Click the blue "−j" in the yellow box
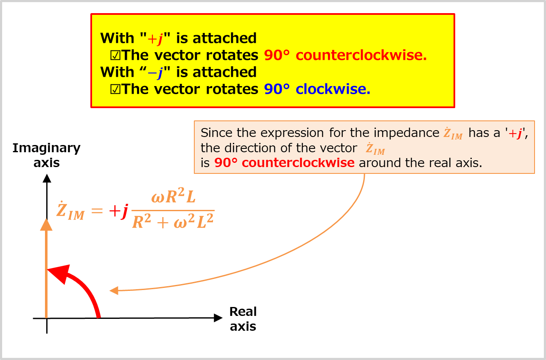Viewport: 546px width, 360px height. [155, 73]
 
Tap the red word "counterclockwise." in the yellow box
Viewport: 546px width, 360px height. [361, 56]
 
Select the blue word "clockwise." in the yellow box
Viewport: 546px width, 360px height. [333, 89]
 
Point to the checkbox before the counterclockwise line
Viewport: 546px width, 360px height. [115, 56]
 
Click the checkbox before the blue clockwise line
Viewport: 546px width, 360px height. [115, 89]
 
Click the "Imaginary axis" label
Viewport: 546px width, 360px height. [46, 155]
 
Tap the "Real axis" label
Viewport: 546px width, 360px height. [243, 319]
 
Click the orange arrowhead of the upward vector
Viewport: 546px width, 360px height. [46, 225]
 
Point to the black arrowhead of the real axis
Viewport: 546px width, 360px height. [218, 318]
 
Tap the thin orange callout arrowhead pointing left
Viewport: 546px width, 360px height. [114, 290]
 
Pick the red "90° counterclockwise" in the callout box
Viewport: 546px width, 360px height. [284, 163]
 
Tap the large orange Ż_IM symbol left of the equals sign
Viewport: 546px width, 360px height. [71, 210]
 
